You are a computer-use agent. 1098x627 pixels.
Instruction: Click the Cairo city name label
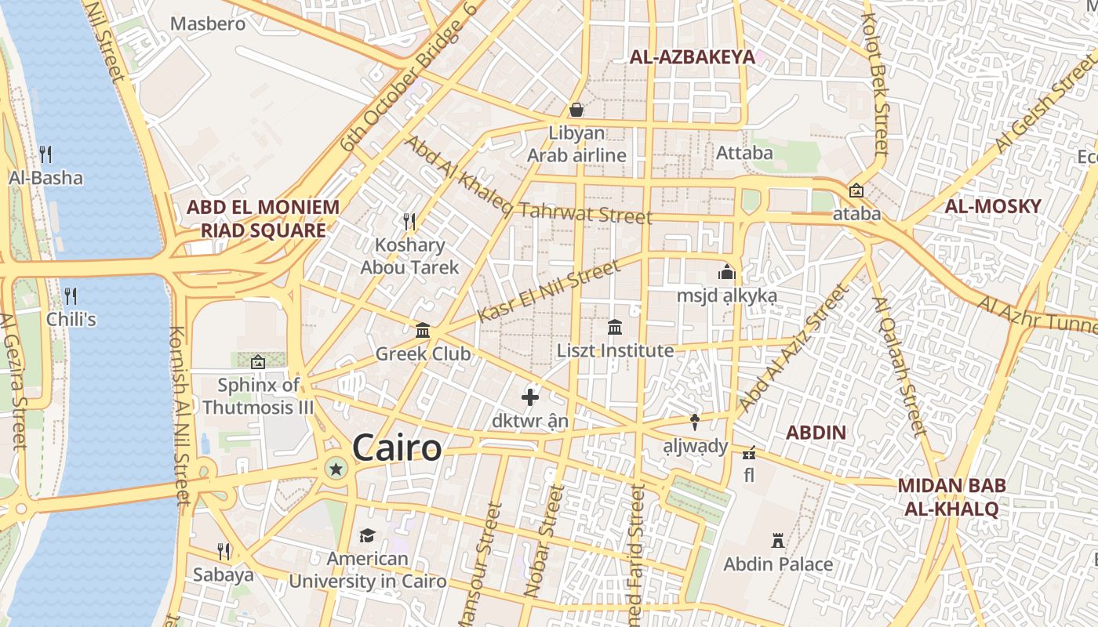(397, 448)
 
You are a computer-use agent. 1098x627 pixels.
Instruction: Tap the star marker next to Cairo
(336, 469)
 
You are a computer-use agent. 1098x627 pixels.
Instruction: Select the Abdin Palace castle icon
(778, 541)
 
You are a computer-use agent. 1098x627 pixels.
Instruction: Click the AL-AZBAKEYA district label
(692, 56)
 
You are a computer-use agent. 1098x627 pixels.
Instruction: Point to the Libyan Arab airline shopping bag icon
(576, 110)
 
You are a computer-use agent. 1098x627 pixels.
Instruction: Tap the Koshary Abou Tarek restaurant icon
(409, 222)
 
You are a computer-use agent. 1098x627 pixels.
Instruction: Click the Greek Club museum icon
(423, 330)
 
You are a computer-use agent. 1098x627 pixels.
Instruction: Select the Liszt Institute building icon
(615, 327)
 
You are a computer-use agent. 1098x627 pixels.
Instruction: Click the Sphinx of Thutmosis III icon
(257, 362)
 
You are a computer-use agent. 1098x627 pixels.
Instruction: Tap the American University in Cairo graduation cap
(367, 535)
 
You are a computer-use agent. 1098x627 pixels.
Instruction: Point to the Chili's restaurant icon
(71, 295)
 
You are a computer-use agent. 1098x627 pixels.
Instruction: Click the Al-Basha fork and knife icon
(45, 154)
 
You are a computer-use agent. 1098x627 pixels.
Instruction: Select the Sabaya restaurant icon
(224, 551)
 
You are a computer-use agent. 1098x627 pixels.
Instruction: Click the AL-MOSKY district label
(993, 207)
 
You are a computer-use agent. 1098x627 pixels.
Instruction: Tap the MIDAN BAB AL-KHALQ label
(951, 497)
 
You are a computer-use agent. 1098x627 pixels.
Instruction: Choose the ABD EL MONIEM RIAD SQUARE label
(263, 219)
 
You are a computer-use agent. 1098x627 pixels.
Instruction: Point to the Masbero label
(208, 24)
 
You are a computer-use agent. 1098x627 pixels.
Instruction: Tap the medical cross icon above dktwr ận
(530, 397)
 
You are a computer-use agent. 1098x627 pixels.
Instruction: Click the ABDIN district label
(816, 433)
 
